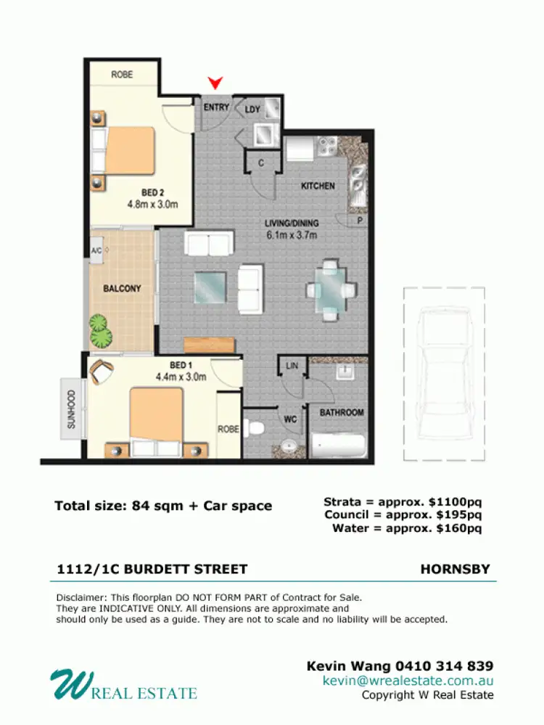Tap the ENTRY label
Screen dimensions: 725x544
click(x=216, y=107)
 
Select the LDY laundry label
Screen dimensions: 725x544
click(x=252, y=110)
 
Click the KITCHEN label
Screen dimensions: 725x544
click(x=318, y=186)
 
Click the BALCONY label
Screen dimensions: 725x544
click(x=122, y=288)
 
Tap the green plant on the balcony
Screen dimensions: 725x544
click(x=101, y=332)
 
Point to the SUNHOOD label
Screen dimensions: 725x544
click(x=71, y=410)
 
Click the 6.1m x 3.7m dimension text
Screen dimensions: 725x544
click(x=292, y=234)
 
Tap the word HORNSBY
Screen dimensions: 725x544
click(x=455, y=570)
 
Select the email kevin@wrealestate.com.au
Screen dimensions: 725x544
click(x=408, y=681)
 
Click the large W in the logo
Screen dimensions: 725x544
click(x=67, y=685)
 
